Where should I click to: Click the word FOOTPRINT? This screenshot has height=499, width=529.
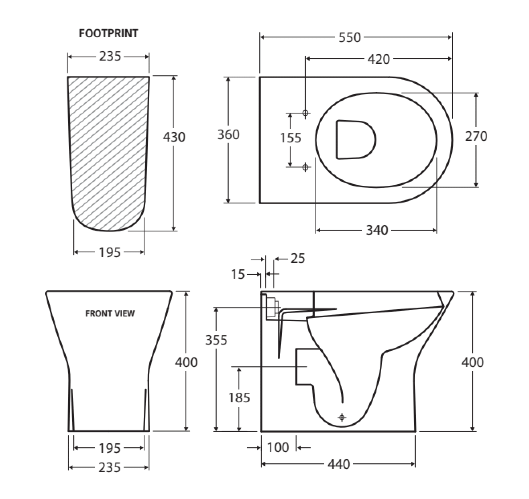coord(108,33)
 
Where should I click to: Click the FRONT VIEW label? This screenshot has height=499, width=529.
coord(110,313)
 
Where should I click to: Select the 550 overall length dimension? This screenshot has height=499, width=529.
coord(350,38)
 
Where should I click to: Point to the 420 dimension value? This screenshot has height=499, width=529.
coord(378,59)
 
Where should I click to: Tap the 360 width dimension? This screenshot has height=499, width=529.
coord(228,135)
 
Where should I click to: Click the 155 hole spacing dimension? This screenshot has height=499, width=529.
coord(291,138)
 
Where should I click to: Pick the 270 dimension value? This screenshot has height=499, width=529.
coord(476,136)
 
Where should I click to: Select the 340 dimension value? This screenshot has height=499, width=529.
coord(377,230)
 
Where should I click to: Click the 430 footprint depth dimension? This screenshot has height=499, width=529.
coord(174,137)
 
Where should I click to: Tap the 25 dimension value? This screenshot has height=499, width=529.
coord(297,258)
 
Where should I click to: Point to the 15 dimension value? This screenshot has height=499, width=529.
coord(238,274)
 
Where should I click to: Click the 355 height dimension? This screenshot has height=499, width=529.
coord(216,340)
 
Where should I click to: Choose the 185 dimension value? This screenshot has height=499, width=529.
coord(239,398)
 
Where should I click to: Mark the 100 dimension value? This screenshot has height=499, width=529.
coord(278,447)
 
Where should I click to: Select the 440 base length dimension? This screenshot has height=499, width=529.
coord(339,465)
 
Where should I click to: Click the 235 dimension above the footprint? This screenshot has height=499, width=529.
coord(110,57)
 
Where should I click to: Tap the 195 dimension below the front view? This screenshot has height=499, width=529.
coord(110,448)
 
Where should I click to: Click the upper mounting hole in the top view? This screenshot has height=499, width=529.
coord(305,114)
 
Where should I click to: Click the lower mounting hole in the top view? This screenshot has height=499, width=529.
coord(305,166)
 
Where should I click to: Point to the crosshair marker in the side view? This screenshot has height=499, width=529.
coord(342,418)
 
